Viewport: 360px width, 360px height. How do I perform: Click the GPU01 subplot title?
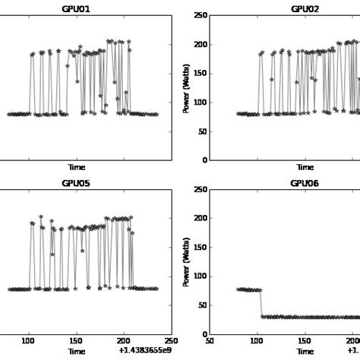(x=76, y=9)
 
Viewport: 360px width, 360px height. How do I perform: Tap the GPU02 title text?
(x=305, y=9)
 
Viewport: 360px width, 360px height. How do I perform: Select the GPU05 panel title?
(x=76, y=183)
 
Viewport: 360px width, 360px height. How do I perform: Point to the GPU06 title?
(x=305, y=183)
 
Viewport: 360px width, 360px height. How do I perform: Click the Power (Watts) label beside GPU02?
(x=186, y=88)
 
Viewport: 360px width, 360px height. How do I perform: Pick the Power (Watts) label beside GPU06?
(x=186, y=262)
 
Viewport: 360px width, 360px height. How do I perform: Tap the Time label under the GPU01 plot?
(x=76, y=167)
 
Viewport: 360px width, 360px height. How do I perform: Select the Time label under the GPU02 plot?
(x=305, y=167)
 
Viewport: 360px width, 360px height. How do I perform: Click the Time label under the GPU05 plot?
(x=76, y=352)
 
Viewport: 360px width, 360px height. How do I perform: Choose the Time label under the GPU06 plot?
(x=305, y=352)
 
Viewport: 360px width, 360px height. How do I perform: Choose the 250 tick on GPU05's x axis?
(x=171, y=342)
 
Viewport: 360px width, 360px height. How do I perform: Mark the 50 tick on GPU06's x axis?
(x=210, y=342)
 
